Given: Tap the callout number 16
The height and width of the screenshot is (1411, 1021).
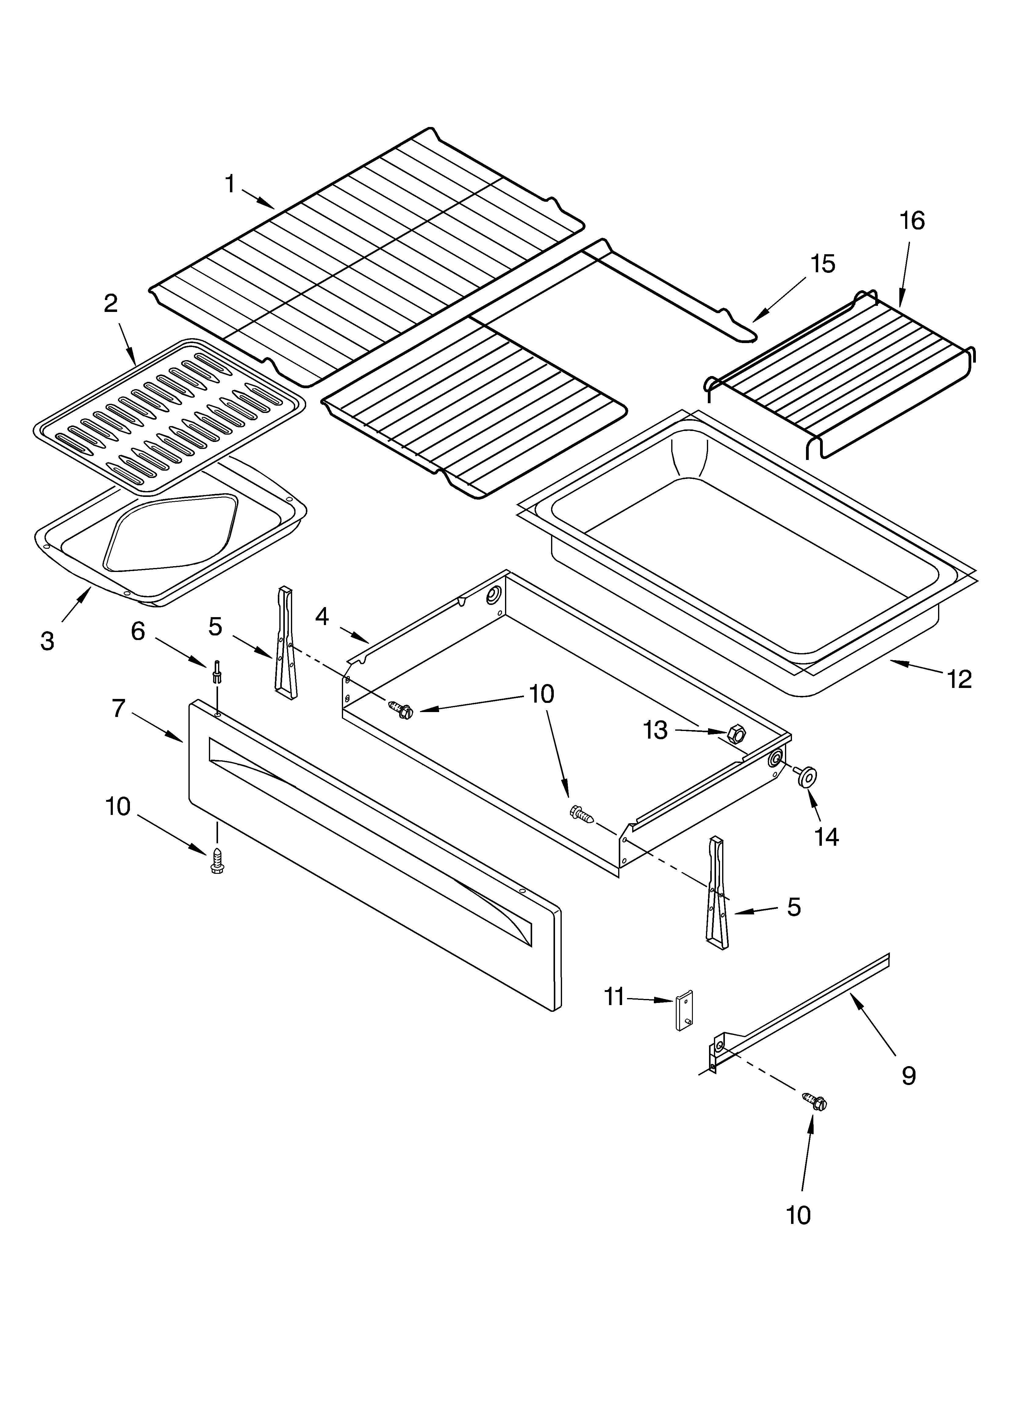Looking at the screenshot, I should point(912,221).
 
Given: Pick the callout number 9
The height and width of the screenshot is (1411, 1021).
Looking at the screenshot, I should point(908,1075).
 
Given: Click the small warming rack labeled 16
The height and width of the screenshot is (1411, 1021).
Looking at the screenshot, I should point(840,373).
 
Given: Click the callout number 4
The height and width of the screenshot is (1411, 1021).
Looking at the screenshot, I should point(321,617).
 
